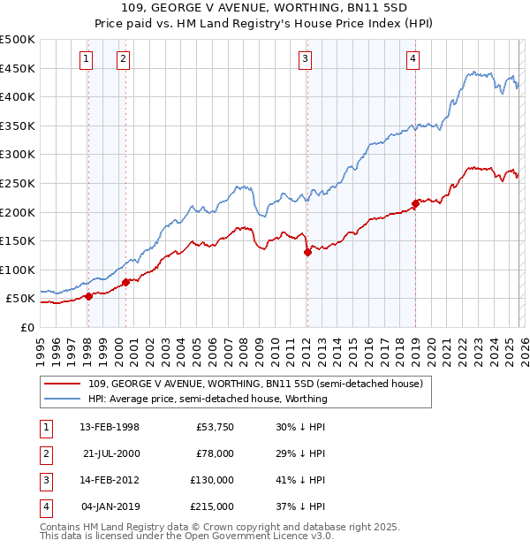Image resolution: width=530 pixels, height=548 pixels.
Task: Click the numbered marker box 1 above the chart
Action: [87, 59]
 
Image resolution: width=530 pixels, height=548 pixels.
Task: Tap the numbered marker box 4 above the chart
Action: [413, 59]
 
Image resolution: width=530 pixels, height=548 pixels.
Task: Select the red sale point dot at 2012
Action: [307, 252]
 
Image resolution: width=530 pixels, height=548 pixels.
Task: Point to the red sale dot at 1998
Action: [88, 296]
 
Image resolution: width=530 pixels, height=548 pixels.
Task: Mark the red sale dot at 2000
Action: [125, 282]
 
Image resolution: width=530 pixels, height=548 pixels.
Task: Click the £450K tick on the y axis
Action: [18, 68]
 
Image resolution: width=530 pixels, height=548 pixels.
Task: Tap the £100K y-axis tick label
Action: [18, 270]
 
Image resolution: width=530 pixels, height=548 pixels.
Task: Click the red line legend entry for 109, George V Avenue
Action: [255, 384]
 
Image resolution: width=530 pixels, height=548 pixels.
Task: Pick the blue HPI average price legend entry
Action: [208, 399]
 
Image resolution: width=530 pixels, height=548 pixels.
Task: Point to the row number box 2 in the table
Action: [45, 453]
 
